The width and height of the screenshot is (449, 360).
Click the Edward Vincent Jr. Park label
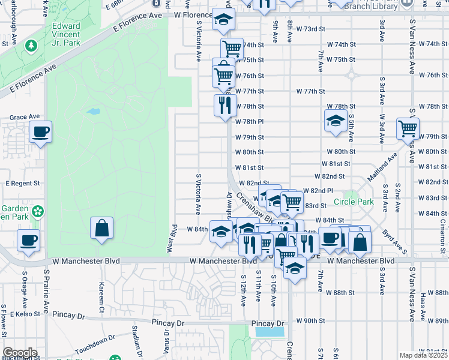66,34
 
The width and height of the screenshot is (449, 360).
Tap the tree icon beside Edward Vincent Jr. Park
31,46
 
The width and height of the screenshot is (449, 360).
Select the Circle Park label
354,202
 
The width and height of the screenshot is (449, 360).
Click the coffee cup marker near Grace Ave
40,131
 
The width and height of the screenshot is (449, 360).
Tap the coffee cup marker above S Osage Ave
28,241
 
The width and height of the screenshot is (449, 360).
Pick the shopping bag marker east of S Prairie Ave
101,228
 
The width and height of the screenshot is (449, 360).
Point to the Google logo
20,353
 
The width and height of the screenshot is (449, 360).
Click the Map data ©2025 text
423,355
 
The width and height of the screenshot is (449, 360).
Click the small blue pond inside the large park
93,112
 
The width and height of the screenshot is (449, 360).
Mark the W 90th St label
310,321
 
